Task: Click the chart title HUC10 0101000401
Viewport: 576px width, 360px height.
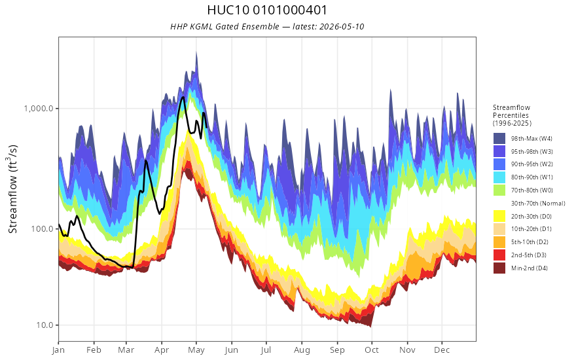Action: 267,10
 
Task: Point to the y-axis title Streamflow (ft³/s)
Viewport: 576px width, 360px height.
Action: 13,189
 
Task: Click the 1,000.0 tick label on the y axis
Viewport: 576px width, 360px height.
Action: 38,109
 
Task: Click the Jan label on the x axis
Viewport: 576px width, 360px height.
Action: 58,350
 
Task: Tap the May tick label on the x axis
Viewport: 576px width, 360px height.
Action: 196,350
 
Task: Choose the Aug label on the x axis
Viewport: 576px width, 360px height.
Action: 302,350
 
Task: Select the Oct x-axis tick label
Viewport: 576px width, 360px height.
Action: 372,350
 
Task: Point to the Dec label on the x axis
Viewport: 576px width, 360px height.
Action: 442,350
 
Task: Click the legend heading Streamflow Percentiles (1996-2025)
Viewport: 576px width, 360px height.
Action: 512,115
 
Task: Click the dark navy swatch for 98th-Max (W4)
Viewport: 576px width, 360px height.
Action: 499,139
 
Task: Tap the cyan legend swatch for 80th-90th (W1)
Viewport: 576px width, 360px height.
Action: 499,177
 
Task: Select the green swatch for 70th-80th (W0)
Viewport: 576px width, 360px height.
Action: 499,190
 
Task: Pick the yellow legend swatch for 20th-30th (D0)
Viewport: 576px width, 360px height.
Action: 499,216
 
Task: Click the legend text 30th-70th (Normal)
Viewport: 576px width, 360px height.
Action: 538,203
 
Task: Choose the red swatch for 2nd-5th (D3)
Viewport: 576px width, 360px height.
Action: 499,255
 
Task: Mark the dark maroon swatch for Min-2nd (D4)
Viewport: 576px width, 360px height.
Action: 499,268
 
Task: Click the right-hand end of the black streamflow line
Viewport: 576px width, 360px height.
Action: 206,127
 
